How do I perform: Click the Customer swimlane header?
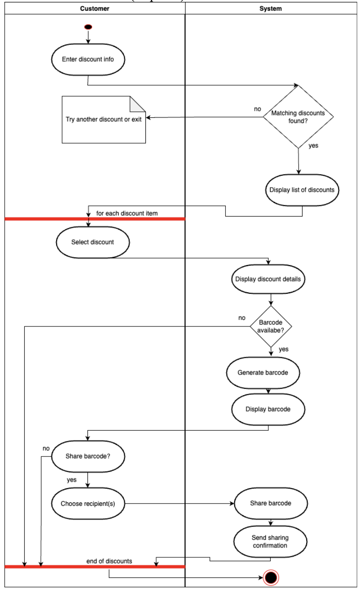[95, 8]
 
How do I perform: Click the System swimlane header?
[271, 8]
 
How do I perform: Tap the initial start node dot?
[88, 27]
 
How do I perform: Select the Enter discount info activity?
[88, 59]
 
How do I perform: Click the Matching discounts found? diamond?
[298, 117]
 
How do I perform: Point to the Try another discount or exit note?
[104, 120]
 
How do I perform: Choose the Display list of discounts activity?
[302, 190]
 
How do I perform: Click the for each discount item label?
[127, 213]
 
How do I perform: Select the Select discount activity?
[93, 242]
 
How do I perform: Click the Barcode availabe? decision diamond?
[271, 326]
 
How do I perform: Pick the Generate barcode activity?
[263, 373]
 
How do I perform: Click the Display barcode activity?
[268, 409]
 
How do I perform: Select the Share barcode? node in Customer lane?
[88, 456]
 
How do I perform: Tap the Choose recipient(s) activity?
[88, 504]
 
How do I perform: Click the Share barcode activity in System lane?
[271, 503]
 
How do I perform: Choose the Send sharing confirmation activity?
[270, 542]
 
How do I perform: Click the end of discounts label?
[109, 561]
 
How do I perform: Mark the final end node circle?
[271, 578]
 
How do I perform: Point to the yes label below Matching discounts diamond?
[313, 145]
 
